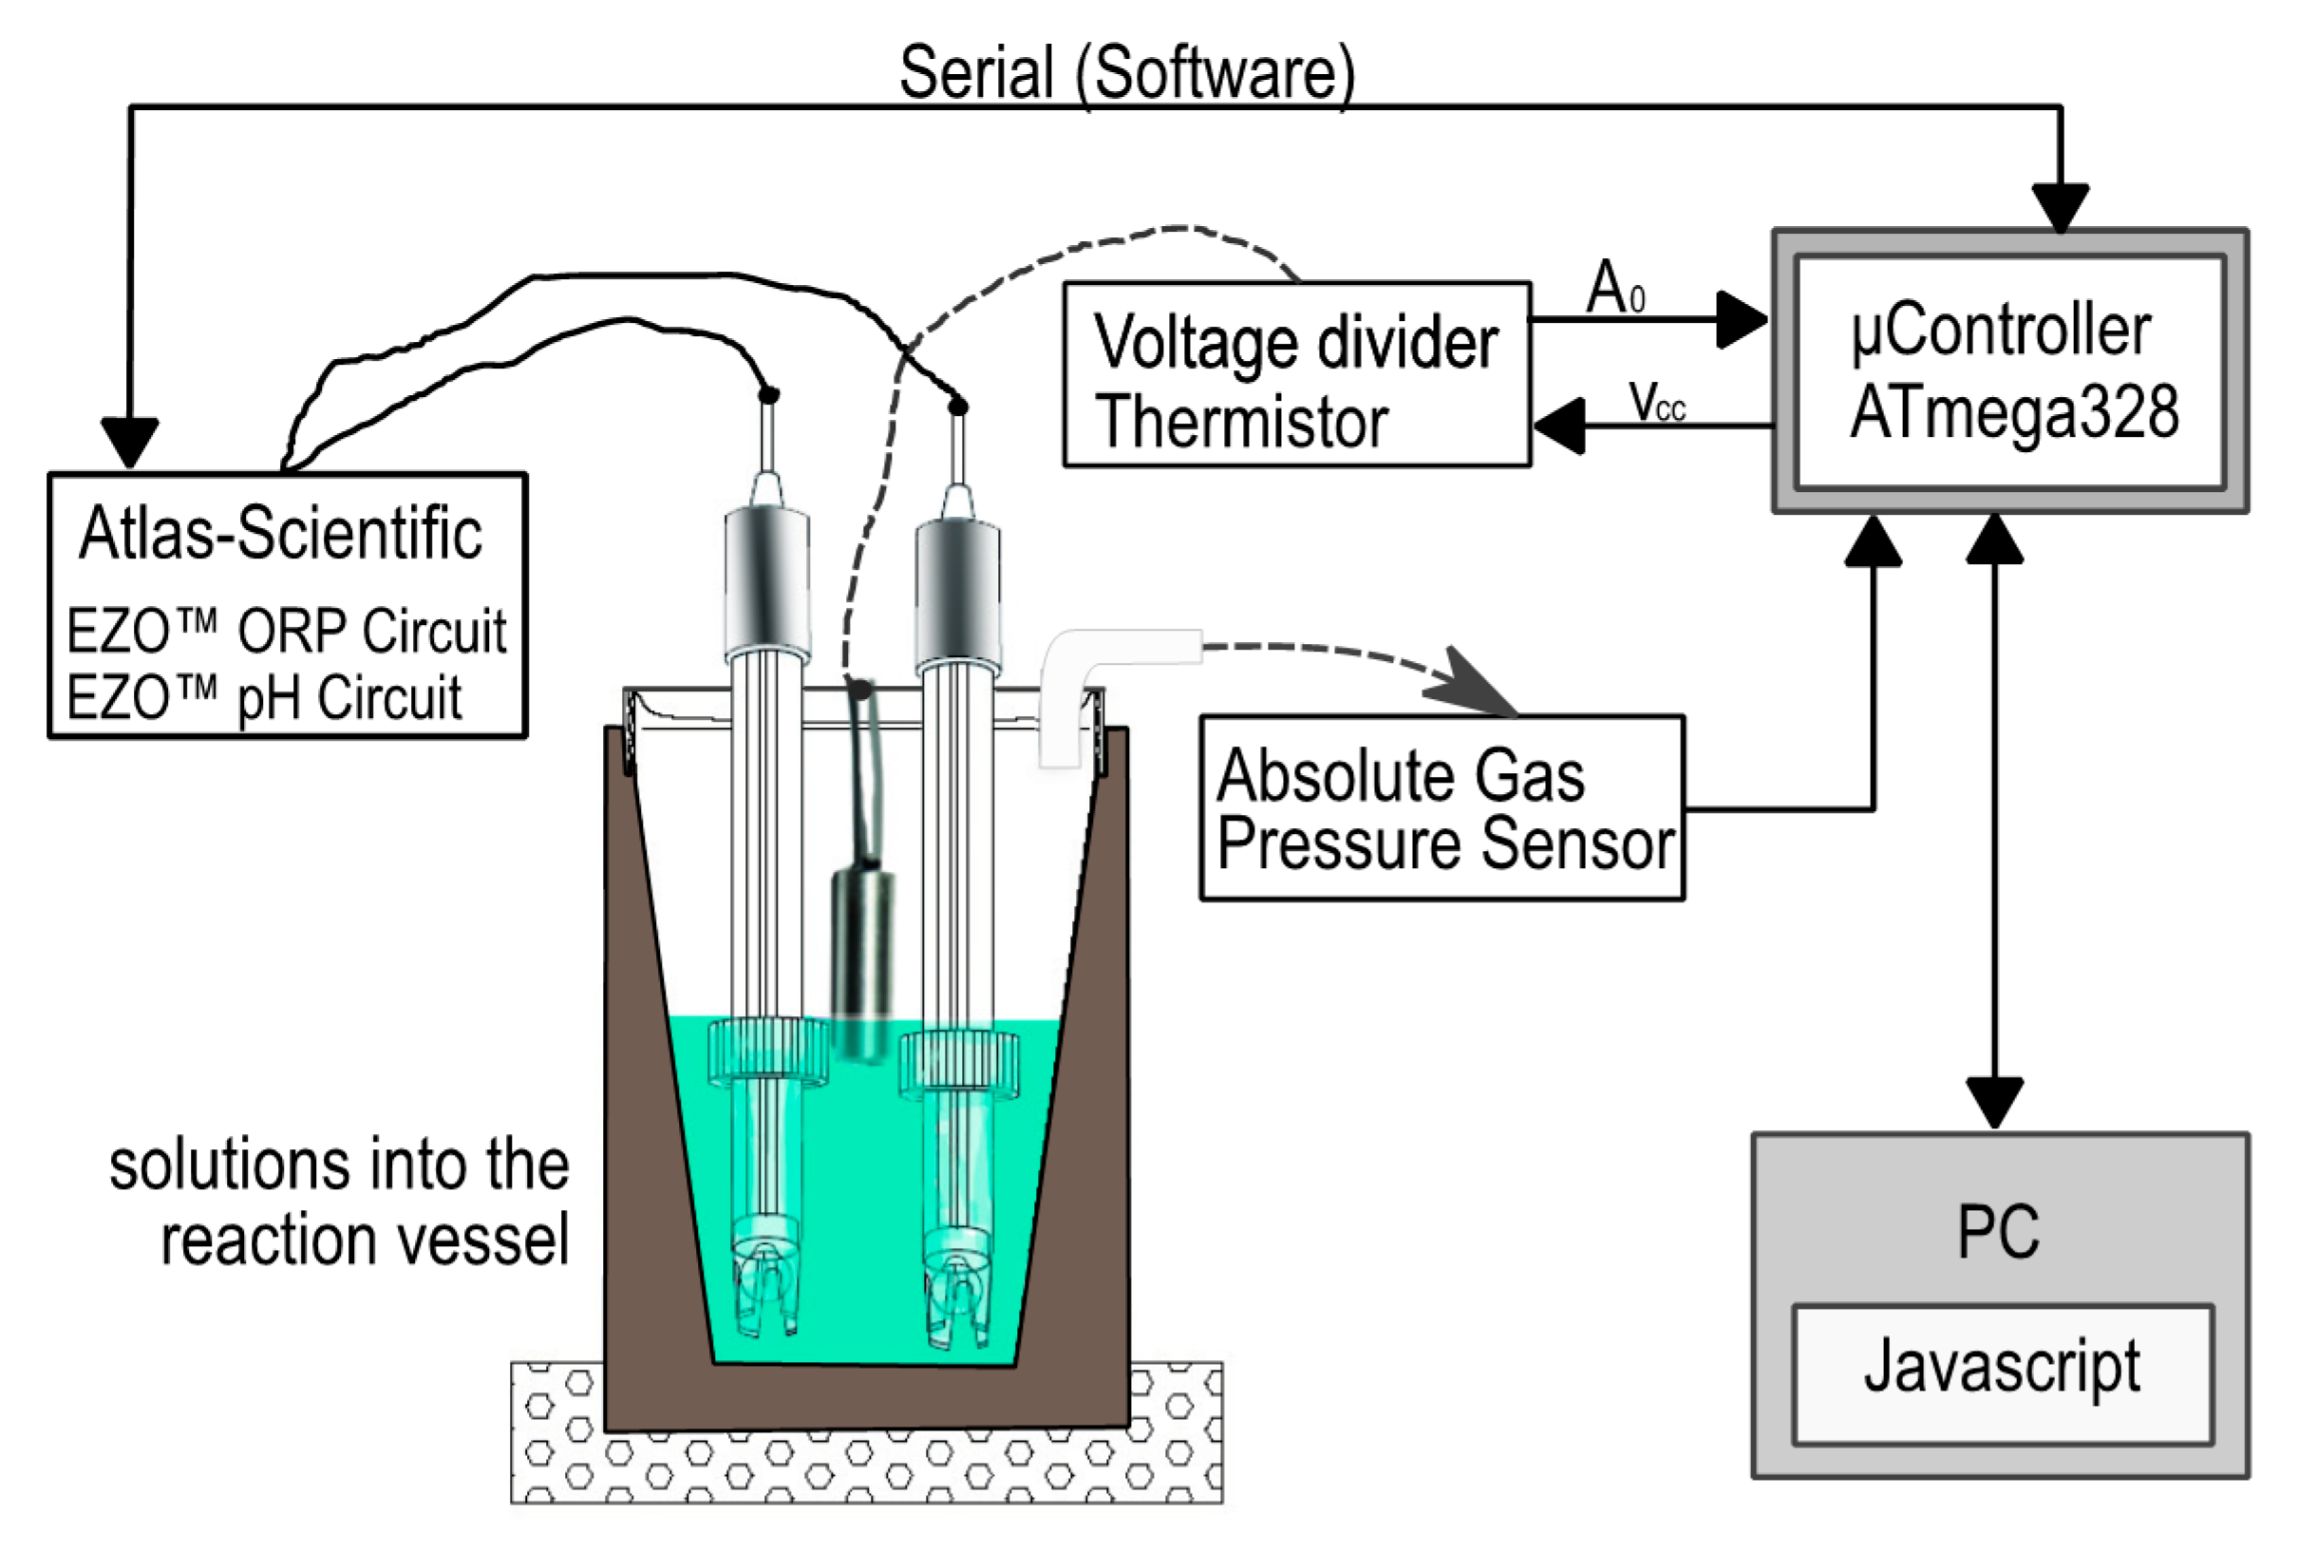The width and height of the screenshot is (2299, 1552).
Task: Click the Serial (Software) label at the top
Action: pyautogui.click(x=1125, y=73)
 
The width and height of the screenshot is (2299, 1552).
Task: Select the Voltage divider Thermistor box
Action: pyautogui.click(x=1296, y=375)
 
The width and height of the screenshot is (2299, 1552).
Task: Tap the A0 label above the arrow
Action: pyautogui.click(x=1614, y=289)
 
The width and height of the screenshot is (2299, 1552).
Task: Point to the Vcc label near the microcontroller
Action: pyautogui.click(x=1657, y=404)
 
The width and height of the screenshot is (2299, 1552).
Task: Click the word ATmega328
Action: pyautogui.click(x=2014, y=411)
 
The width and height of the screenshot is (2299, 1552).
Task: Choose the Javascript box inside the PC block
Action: pyautogui.click(x=2002, y=1374)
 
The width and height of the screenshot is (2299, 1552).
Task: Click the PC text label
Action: pyautogui.click(x=1997, y=1233)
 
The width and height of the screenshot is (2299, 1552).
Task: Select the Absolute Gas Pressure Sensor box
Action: pyautogui.click(x=1442, y=808)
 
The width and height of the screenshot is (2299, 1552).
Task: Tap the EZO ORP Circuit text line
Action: pyautogui.click(x=287, y=631)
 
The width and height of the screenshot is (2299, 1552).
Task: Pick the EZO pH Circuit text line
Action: pyautogui.click(x=264, y=698)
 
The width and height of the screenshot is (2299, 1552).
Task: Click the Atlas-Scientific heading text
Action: pyautogui.click(x=281, y=534)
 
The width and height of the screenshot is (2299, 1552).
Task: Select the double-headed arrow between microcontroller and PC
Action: pyautogui.click(x=1993, y=821)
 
